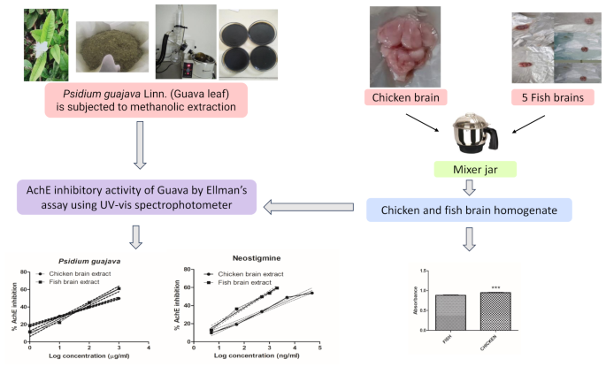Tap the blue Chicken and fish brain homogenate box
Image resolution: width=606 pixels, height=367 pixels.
click(469, 210)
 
